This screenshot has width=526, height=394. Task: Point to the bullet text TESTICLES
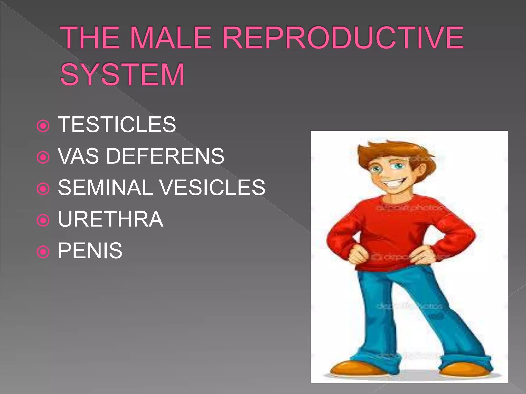tap(117, 125)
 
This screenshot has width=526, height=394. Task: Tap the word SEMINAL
tap(105, 188)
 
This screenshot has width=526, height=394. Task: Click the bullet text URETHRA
tap(110, 219)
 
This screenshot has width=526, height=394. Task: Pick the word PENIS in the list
tap(90, 251)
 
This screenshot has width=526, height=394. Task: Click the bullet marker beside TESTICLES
tap(43, 126)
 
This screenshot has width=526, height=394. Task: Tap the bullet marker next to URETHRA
tap(43, 220)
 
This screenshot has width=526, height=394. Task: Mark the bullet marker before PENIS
tap(43, 252)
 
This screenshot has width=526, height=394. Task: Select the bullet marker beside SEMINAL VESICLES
tap(43, 189)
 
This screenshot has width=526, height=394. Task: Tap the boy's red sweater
tap(401, 226)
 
